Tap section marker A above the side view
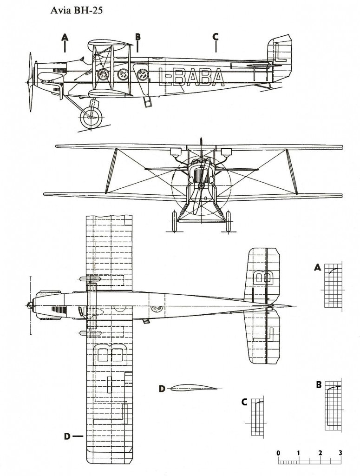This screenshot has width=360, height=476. point(65,37)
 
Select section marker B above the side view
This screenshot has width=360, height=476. point(137,37)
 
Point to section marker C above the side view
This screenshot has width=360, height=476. point(216,37)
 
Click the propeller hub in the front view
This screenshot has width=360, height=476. point(201,186)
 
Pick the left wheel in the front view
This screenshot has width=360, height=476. point(175,221)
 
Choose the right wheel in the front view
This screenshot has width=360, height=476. point(228,221)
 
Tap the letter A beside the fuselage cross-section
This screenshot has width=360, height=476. point(318,267)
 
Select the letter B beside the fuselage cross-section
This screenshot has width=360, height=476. point(319,385)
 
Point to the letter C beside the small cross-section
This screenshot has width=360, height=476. point(244,402)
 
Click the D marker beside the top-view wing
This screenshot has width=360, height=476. point(67,436)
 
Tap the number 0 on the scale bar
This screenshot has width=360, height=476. point(278,453)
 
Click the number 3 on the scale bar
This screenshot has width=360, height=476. point(340,453)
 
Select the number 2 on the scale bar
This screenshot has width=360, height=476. point(320,453)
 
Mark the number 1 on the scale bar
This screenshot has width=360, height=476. point(299,453)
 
